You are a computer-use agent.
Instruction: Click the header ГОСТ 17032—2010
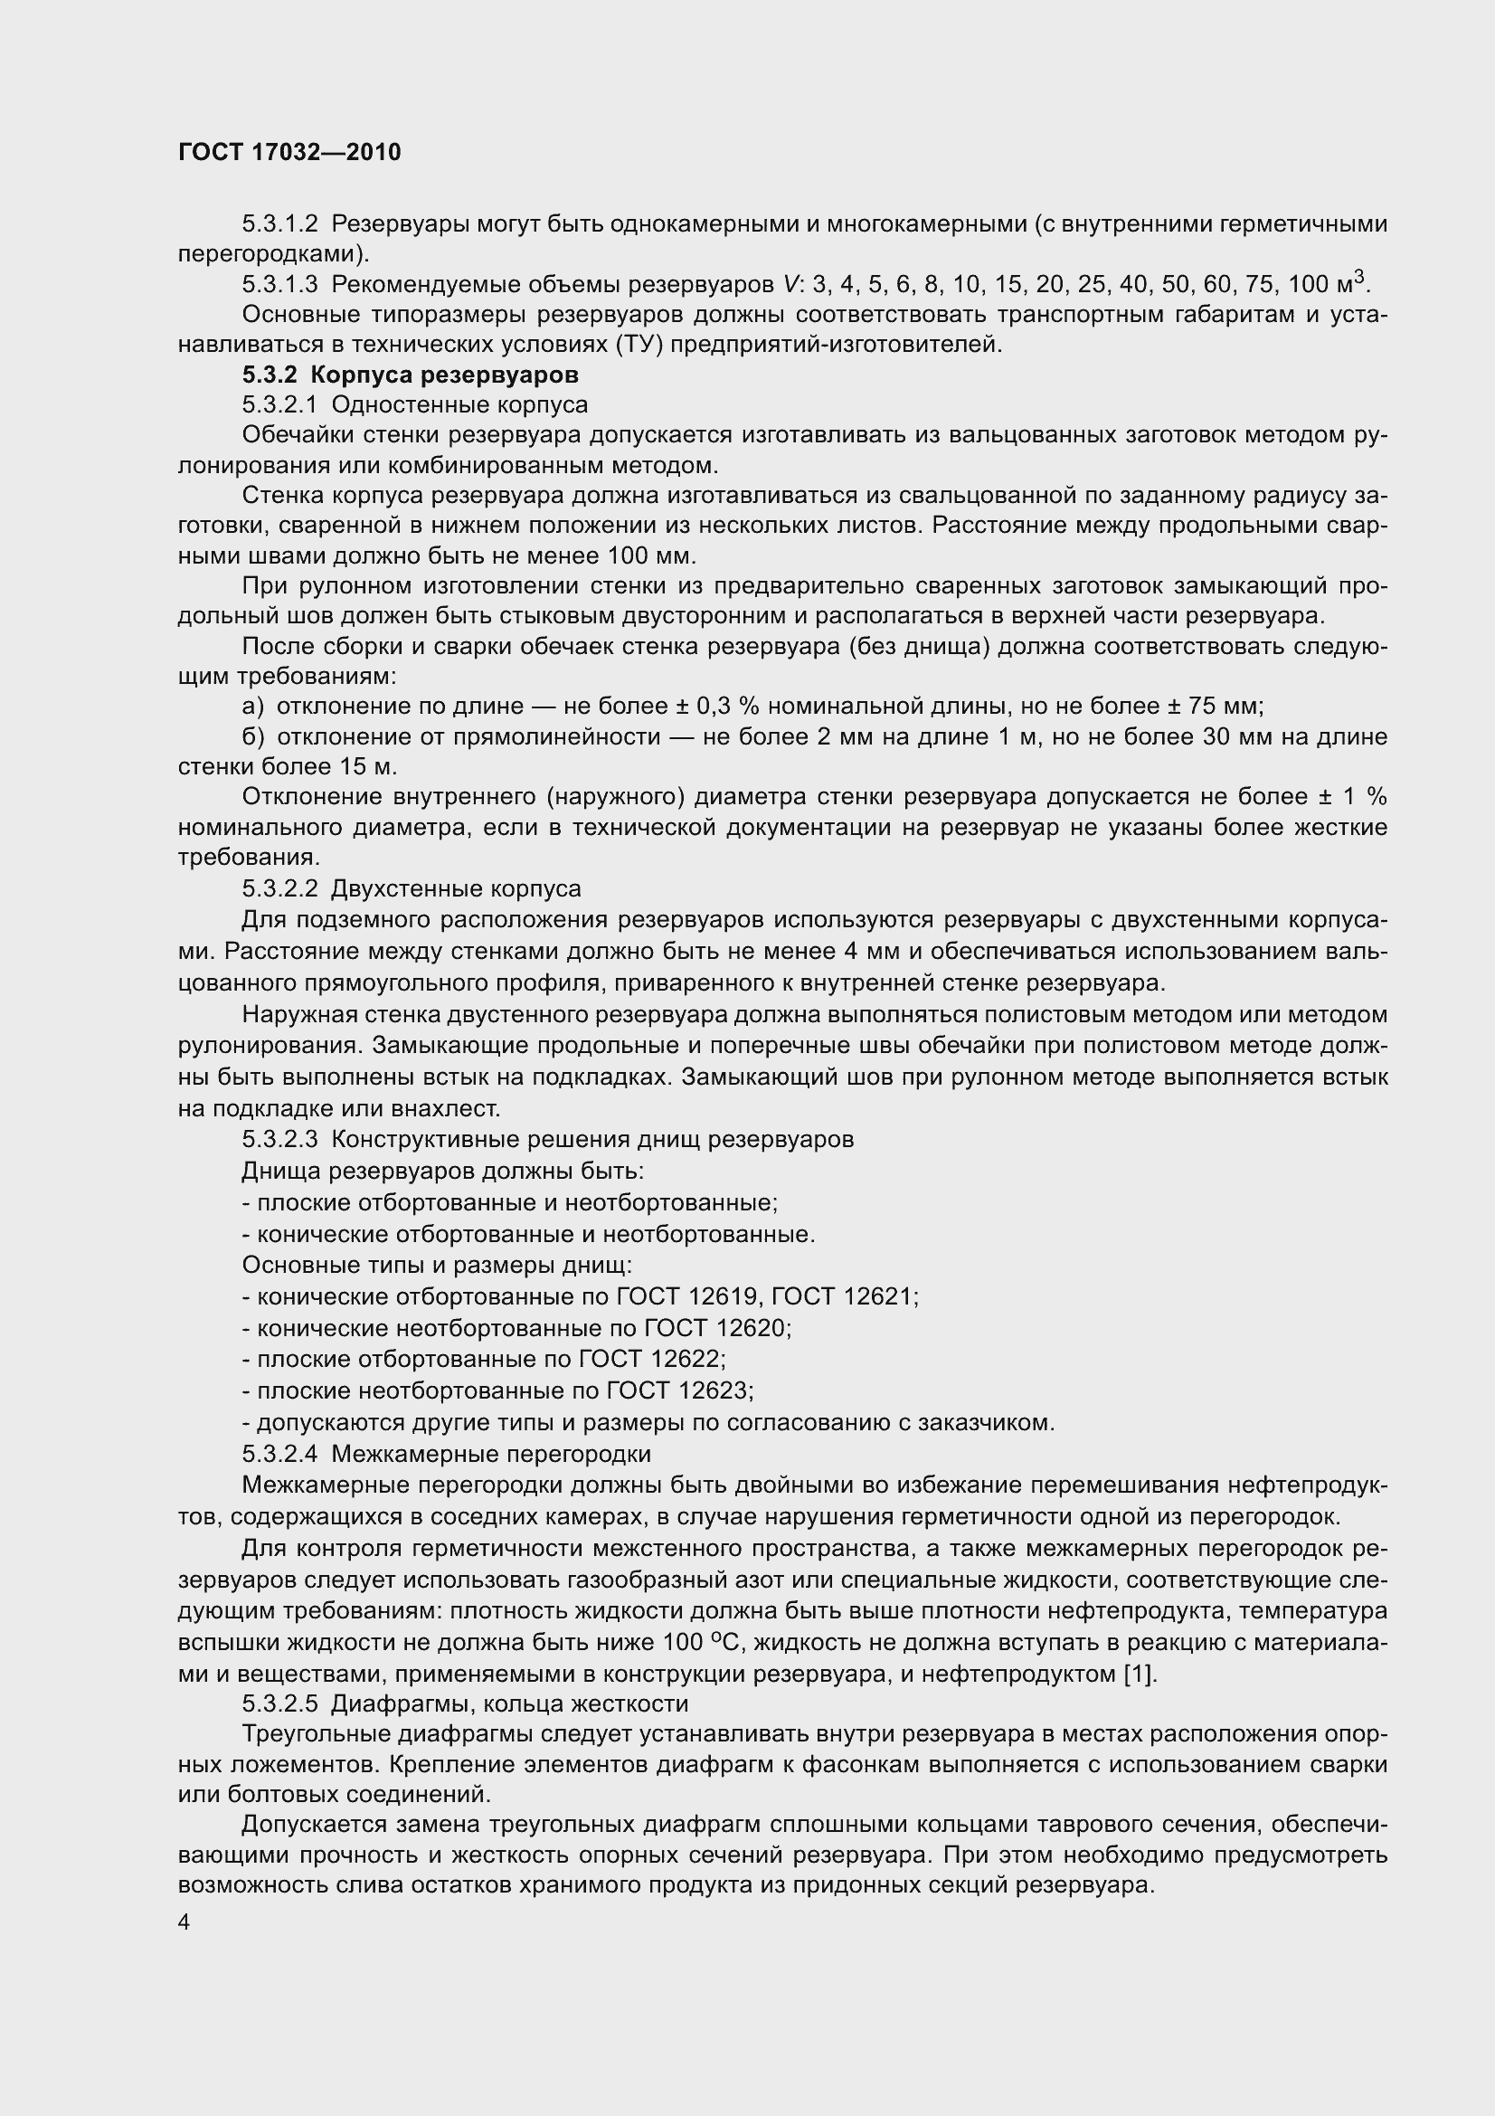[289, 152]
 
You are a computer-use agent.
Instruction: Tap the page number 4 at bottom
[185, 1922]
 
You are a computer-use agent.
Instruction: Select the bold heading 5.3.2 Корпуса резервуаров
[410, 375]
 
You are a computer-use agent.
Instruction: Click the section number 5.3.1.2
[279, 224]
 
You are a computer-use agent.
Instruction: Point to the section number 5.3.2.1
[279, 405]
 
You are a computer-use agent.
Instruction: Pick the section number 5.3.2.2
[279, 889]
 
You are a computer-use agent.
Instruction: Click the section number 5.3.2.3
[279, 1140]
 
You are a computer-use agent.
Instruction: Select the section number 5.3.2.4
[279, 1455]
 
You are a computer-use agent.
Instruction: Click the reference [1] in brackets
[1140, 1674]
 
